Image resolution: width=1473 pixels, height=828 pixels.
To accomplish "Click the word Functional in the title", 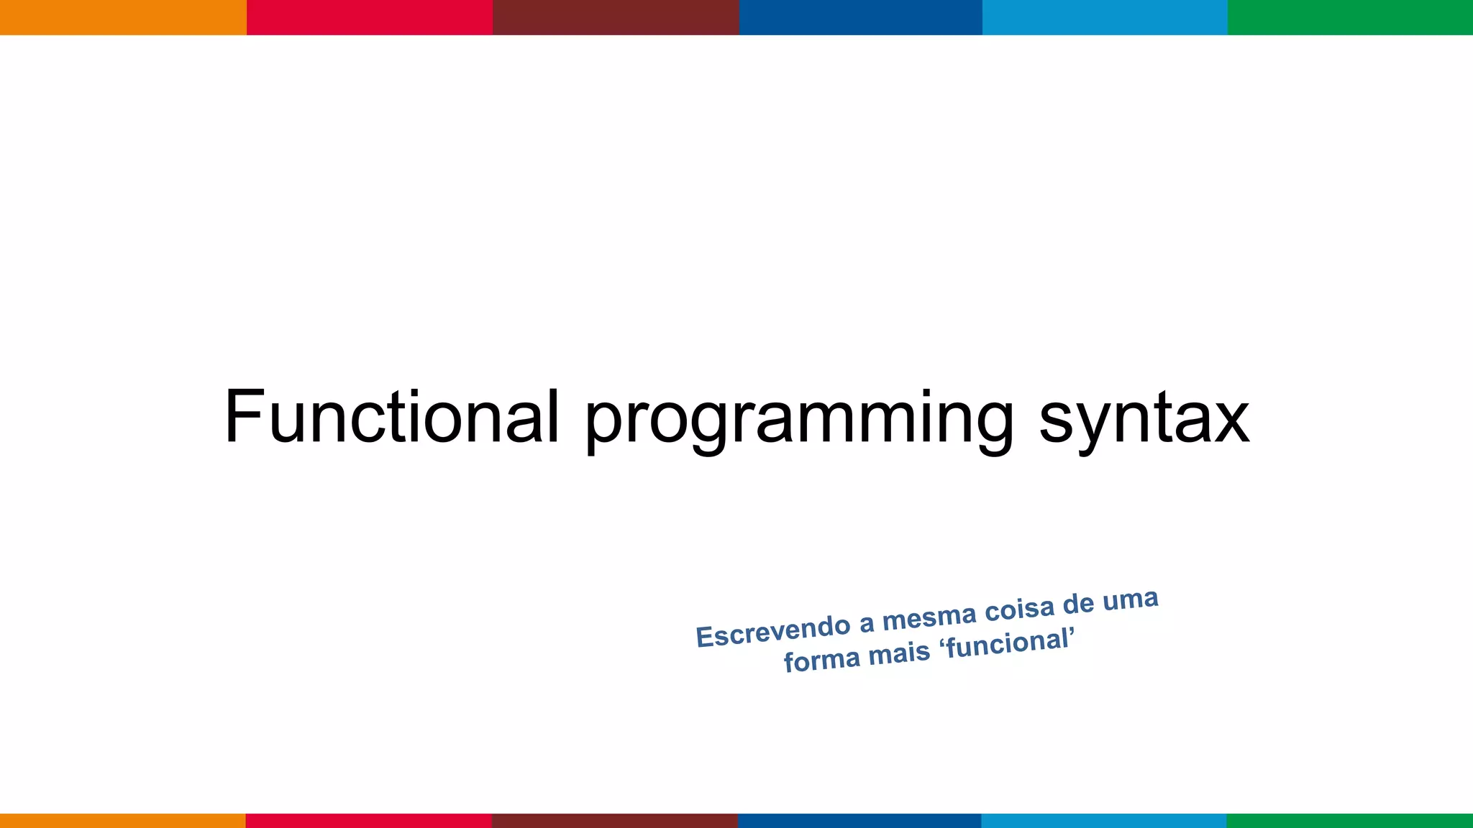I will (x=392, y=417).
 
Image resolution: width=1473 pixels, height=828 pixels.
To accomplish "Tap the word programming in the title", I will (x=798, y=420).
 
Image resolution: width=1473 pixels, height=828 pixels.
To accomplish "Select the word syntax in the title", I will (x=1144, y=420).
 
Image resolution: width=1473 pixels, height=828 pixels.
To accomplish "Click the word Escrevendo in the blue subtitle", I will (x=773, y=630).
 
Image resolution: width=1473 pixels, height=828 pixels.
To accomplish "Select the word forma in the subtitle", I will (x=821, y=660).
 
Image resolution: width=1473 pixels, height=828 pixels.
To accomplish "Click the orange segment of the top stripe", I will (x=122, y=17).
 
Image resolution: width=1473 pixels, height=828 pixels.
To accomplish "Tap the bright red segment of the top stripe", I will (x=369, y=17).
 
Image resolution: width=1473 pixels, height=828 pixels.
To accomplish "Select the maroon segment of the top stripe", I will (x=615, y=17).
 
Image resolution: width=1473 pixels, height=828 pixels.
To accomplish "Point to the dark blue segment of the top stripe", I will (x=860, y=17).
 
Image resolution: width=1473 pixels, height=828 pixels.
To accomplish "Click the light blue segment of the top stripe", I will (x=1105, y=17).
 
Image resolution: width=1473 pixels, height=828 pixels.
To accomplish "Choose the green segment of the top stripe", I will (x=1350, y=17).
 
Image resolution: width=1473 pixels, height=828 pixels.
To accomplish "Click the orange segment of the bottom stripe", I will (x=122, y=821).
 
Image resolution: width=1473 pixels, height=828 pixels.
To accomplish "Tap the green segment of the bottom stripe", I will (x=1350, y=821).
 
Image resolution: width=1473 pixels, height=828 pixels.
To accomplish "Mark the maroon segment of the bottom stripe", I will (x=615, y=821).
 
